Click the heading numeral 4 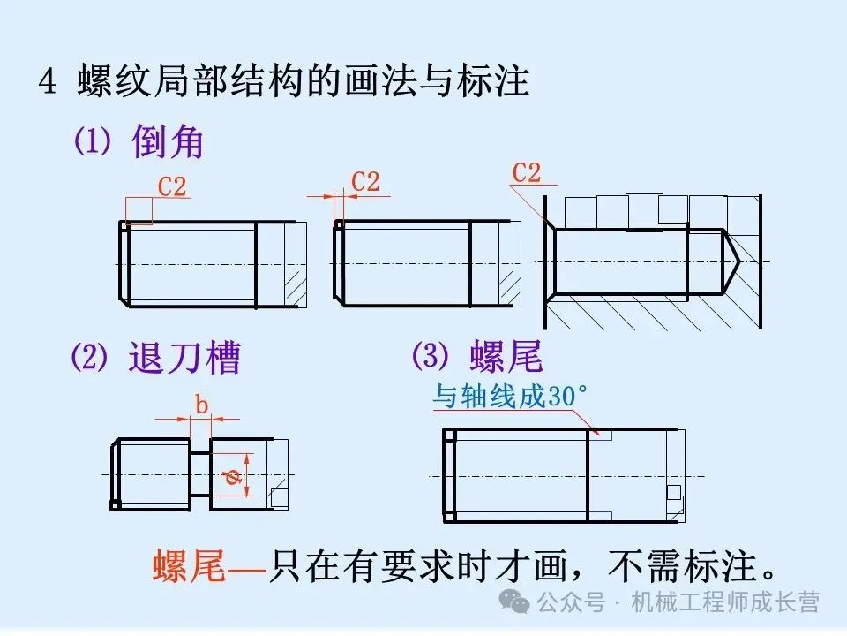coord(48,82)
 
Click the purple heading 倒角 coord(168,141)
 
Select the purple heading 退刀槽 coord(184,359)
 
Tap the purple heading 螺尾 coord(506,357)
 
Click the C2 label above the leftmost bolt coord(172,186)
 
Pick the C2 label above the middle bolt coord(365,181)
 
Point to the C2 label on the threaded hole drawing coord(527,173)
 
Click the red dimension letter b coord(201,405)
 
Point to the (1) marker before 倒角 coord(91,142)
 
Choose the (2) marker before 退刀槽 coord(89,359)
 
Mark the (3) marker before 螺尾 coord(431,356)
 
